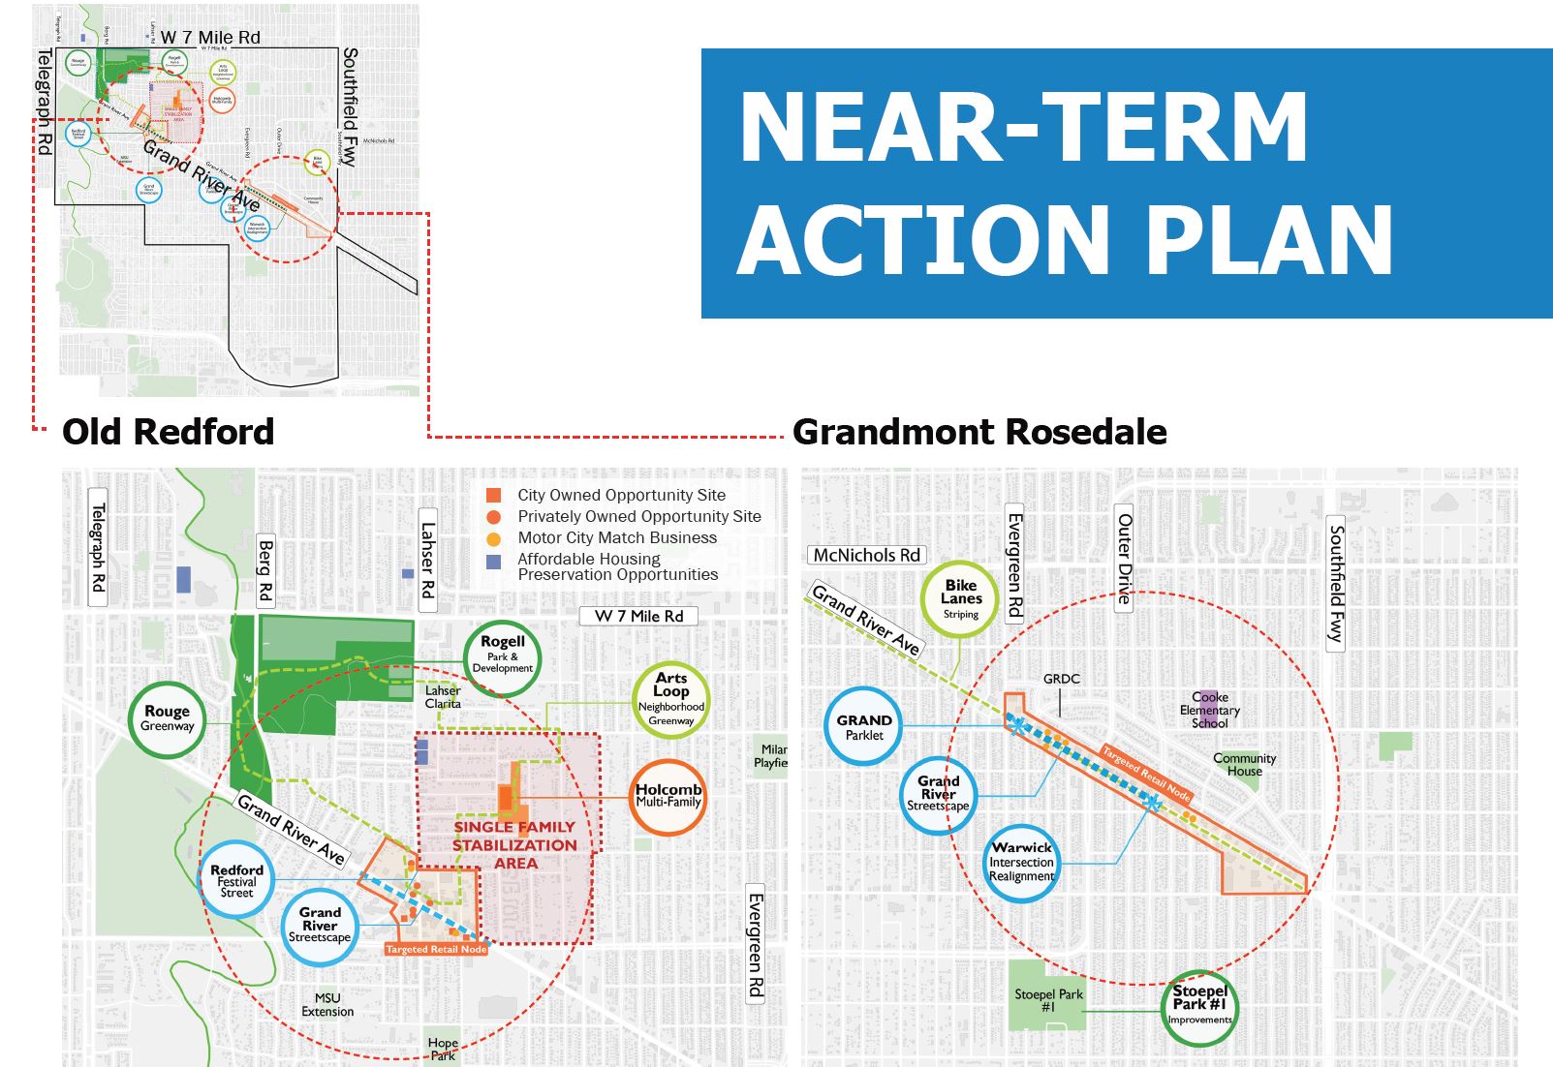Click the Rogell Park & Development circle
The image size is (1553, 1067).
[502, 657]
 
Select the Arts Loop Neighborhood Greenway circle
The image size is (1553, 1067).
[670, 700]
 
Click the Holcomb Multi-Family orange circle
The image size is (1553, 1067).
[668, 797]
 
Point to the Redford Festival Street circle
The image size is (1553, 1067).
[236, 880]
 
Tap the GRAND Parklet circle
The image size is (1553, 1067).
[863, 726]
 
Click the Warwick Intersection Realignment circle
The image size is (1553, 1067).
[1021, 862]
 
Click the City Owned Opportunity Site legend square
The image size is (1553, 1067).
[494, 496]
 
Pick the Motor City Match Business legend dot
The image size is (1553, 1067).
[494, 538]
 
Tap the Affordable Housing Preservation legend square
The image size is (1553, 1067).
[494, 562]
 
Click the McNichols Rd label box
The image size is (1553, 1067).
[866, 555]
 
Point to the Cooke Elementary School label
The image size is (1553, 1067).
[1209, 710]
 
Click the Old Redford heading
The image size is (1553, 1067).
[169, 432]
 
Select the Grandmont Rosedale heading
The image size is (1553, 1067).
[979, 432]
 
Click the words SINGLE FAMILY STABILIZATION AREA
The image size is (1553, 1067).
[514, 844]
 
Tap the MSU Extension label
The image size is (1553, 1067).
[327, 1005]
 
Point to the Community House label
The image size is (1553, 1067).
[1244, 765]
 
